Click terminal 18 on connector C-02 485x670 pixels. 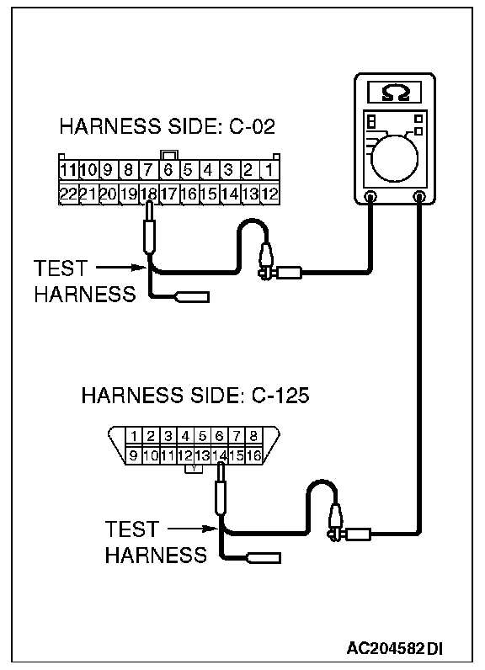(148, 194)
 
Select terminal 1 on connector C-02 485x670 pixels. (269, 170)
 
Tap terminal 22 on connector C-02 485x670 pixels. (67, 194)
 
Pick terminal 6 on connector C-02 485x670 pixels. (168, 170)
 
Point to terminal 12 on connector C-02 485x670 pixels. (269, 194)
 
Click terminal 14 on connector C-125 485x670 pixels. (219, 455)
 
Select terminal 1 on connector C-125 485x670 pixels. (134, 436)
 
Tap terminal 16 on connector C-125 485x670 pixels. (253, 455)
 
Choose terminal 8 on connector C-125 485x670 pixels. (253, 436)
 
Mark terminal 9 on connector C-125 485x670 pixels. (134, 455)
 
